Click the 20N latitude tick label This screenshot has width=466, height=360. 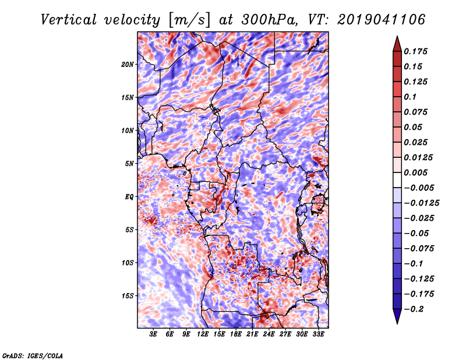pyautogui.click(x=127, y=65)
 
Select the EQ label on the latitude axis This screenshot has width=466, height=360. pyautogui.click(x=129, y=197)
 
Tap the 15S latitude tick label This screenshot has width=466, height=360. pyautogui.click(x=128, y=296)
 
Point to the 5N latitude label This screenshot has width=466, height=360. pyautogui.click(x=129, y=164)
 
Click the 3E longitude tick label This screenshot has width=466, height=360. pyautogui.click(x=153, y=334)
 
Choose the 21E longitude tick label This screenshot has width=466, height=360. pyautogui.click(x=252, y=334)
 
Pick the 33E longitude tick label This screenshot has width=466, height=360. pyautogui.click(x=318, y=334)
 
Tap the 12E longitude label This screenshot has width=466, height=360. pyautogui.click(x=203, y=334)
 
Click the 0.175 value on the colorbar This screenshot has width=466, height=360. pyautogui.click(x=415, y=51)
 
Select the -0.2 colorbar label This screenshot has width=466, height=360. pyautogui.click(x=414, y=309)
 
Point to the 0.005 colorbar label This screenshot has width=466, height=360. pyautogui.click(x=415, y=172)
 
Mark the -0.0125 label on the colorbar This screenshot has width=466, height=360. pyautogui.click(x=421, y=203)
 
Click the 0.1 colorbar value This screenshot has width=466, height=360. pyautogui.click(x=410, y=97)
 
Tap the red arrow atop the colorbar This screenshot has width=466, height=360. pyautogui.click(x=397, y=44)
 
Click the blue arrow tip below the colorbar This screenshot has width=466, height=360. pyautogui.click(x=397, y=323)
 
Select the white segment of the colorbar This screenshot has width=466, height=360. pyautogui.click(x=397, y=180)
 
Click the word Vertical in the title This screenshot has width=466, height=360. pyautogui.click(x=69, y=20)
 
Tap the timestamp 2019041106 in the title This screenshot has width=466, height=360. pyautogui.click(x=381, y=20)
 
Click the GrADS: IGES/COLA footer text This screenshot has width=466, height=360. pyautogui.click(x=33, y=355)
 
